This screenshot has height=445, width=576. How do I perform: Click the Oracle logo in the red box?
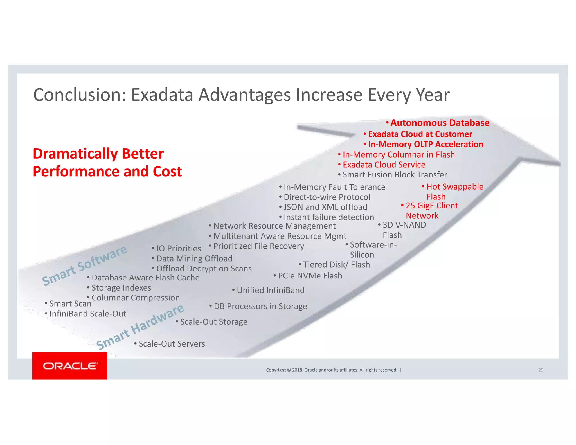[x=70, y=366]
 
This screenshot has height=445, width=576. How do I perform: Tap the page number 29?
[x=541, y=370]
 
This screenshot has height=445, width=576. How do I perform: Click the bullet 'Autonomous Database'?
[x=440, y=123]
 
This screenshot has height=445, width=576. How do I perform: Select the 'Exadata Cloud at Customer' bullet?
[x=420, y=134]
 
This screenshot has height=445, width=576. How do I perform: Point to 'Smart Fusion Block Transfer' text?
[x=395, y=175]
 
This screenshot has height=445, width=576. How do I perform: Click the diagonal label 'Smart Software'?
[x=84, y=265]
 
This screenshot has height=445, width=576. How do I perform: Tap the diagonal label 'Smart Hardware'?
[x=140, y=327]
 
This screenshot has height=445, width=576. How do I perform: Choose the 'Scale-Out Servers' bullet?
[x=172, y=344]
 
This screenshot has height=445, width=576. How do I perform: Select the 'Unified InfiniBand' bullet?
[x=270, y=290]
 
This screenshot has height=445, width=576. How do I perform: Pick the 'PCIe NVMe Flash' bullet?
[x=310, y=276]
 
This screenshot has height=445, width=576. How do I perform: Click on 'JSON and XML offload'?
[x=325, y=207]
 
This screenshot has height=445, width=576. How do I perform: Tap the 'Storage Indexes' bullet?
[x=121, y=288]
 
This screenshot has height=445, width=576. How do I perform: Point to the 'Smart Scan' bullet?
[x=70, y=304]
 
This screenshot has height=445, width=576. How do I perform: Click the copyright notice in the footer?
[x=332, y=370]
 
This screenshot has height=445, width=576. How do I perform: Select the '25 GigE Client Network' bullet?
[x=431, y=210]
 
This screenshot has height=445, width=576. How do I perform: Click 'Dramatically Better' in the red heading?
[x=98, y=154]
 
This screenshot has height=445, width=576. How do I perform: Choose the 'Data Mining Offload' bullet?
[x=194, y=259]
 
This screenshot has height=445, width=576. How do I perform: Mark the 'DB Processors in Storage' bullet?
[x=260, y=306]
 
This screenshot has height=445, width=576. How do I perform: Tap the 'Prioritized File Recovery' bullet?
[x=258, y=246]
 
